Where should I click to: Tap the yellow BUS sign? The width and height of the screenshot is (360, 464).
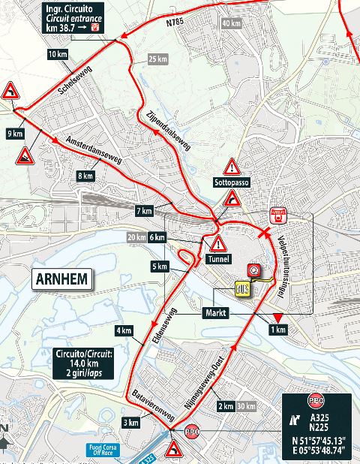241,288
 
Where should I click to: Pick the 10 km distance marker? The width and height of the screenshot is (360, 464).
57,54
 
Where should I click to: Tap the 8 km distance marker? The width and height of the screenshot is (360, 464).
85,176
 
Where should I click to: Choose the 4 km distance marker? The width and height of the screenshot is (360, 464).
124,330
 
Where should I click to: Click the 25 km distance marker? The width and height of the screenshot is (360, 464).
157,59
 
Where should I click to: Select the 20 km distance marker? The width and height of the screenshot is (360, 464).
136,237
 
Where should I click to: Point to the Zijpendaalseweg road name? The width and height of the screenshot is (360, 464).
172,126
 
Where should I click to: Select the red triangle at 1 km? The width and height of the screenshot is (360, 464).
277,318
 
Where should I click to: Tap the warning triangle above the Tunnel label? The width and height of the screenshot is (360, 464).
218,243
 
